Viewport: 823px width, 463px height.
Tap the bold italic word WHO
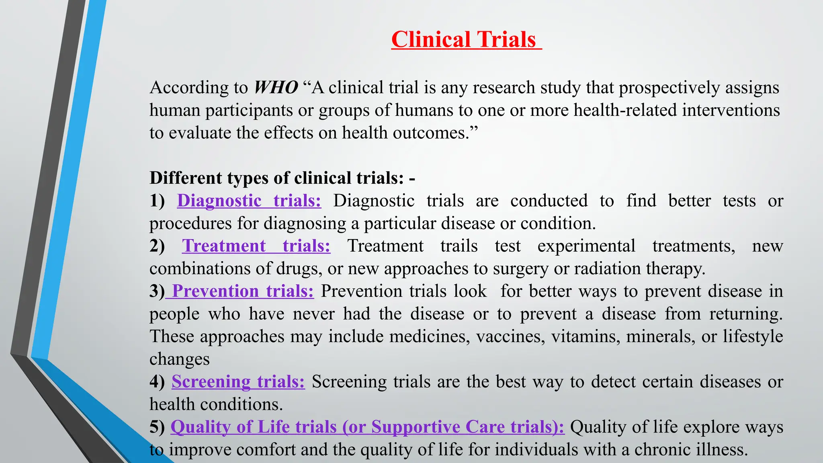click(276, 87)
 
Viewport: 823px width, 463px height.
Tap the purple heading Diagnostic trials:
click(249, 201)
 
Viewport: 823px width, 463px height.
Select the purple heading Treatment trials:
click(256, 246)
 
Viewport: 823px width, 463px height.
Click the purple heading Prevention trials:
click(243, 291)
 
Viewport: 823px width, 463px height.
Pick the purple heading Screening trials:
click(238, 381)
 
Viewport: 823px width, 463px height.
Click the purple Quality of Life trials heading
click(367, 427)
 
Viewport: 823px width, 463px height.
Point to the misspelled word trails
click(459, 246)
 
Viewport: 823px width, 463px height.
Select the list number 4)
click(157, 381)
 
